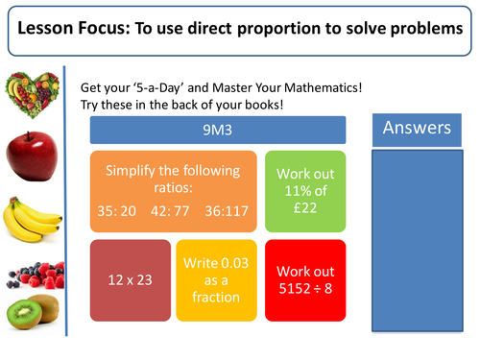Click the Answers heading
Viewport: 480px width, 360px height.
(417, 129)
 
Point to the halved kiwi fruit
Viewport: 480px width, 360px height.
(28, 313)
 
